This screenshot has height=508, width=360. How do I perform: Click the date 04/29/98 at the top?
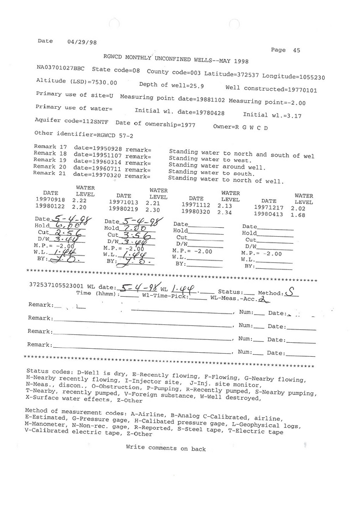click(x=81, y=43)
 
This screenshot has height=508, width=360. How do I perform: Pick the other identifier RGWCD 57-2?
click(x=115, y=134)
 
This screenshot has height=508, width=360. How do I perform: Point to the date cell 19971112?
click(x=194, y=204)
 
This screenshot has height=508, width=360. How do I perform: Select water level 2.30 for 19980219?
click(x=153, y=210)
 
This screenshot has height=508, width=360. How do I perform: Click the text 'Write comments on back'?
click(x=165, y=448)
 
